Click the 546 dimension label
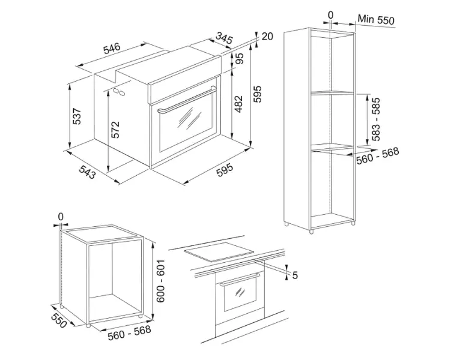tap(112, 49)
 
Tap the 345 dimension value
tap(225, 38)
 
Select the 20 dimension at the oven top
tap(267, 37)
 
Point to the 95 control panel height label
tap(240, 58)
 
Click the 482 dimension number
tap(238, 104)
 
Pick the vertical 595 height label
tap(257, 94)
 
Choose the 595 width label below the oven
tap(225, 170)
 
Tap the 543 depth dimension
tap(87, 172)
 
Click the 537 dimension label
tap(77, 116)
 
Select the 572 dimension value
tap(115, 130)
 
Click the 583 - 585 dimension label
tap(375, 119)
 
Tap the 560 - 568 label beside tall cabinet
tap(378, 155)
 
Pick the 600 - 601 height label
tap(160, 281)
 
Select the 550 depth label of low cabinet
tap(59, 320)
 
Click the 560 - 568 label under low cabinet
tap(130, 332)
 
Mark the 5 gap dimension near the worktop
tap(295, 275)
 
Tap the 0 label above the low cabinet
tap(61, 217)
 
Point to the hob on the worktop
tap(219, 252)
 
